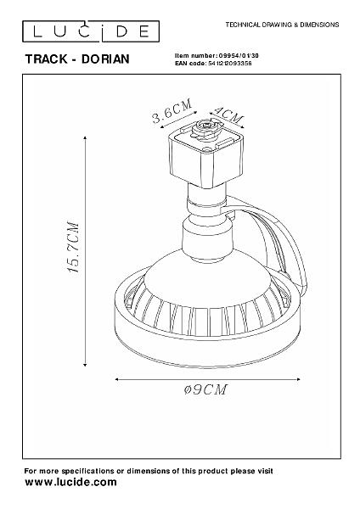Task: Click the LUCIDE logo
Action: [91, 31]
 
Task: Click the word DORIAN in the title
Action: [105, 59]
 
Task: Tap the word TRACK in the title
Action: [46, 59]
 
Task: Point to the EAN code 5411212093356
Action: [229, 64]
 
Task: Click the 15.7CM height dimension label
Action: [73, 247]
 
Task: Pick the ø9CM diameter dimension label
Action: [205, 389]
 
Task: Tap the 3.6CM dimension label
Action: [172, 111]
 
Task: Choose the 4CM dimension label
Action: [229, 115]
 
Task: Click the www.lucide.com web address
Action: [70, 482]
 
